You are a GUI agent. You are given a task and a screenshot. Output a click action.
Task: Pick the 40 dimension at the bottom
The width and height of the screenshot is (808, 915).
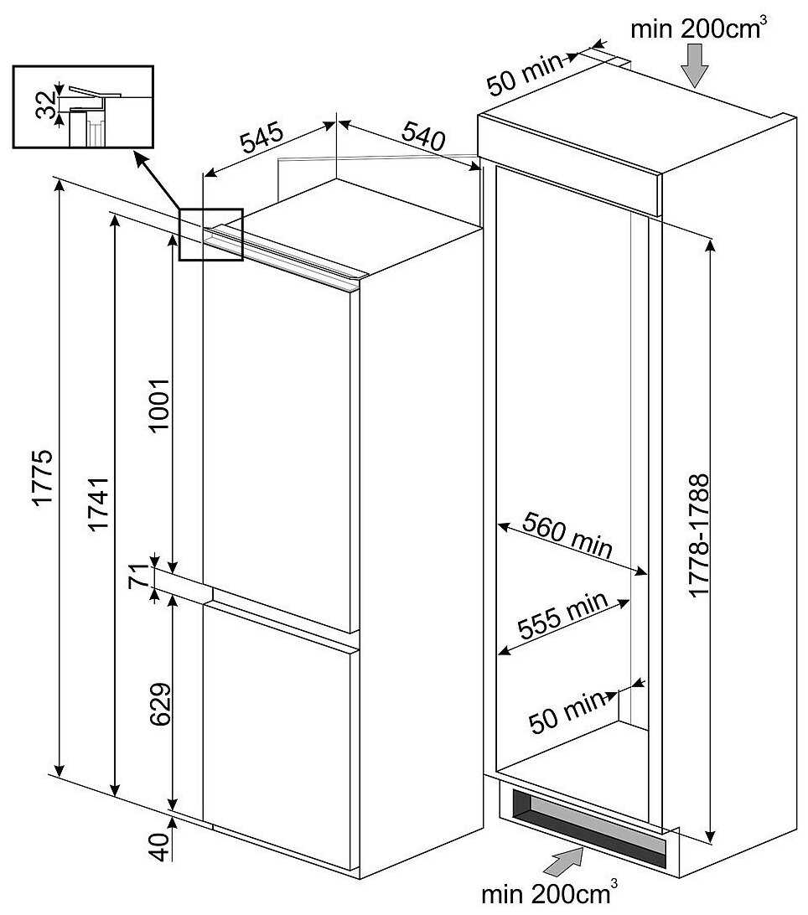(x=160, y=842)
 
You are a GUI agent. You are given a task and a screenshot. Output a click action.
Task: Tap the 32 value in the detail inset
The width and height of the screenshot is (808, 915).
(x=45, y=104)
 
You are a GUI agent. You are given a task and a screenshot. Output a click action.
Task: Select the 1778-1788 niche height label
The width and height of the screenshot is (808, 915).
(x=698, y=536)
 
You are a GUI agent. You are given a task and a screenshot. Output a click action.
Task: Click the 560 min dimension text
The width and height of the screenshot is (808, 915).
(x=567, y=535)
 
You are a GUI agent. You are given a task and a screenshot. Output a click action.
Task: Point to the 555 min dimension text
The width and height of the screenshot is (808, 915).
(x=561, y=617)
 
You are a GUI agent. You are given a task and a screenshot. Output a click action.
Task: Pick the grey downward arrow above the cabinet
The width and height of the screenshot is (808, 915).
(x=696, y=65)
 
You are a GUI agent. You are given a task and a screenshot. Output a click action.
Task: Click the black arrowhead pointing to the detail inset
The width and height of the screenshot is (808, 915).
(x=139, y=158)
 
